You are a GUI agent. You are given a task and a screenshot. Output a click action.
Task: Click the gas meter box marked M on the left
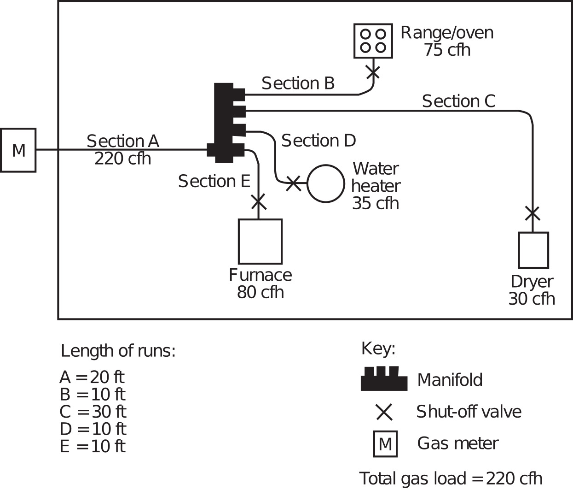pyautogui.click(x=18, y=150)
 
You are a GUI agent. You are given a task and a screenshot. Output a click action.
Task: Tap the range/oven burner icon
pyautogui.click(x=373, y=41)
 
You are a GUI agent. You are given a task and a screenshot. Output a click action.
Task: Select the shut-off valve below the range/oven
pyautogui.click(x=373, y=71)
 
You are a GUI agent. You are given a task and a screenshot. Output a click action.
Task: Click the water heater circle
pyautogui.click(x=325, y=183)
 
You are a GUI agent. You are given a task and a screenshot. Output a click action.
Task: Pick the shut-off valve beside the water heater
pyautogui.click(x=293, y=183)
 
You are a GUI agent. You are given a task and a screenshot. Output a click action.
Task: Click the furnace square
pyautogui.click(x=260, y=241)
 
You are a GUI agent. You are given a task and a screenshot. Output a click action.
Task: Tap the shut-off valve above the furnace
pyautogui.click(x=258, y=201)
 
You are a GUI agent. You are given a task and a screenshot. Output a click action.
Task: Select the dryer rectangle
pyautogui.click(x=533, y=250)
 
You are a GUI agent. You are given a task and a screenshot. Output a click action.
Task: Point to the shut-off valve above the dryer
pyautogui.click(x=532, y=213)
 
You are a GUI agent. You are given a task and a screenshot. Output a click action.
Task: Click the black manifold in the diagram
pyautogui.click(x=225, y=123)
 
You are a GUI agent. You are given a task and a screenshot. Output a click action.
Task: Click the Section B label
pyautogui.click(x=298, y=83)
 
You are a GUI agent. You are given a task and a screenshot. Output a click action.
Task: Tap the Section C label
pyautogui.click(x=458, y=101)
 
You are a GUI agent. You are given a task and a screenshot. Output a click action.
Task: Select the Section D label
pyautogui.click(x=318, y=141)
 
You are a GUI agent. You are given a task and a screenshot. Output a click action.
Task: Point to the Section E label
pyautogui.click(x=214, y=181)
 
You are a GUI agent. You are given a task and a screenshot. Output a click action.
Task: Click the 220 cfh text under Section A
pyautogui.click(x=122, y=159)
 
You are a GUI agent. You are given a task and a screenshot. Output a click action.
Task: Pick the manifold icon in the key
pyautogui.click(x=384, y=379)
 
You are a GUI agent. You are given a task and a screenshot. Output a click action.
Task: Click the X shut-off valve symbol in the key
pyautogui.click(x=384, y=412)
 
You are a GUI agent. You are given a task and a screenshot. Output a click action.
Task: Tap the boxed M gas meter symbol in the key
pyautogui.click(x=385, y=444)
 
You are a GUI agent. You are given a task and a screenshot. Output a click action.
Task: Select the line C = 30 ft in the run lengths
pyautogui.click(x=93, y=412)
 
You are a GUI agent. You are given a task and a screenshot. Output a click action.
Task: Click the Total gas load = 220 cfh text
pyautogui.click(x=451, y=478)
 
